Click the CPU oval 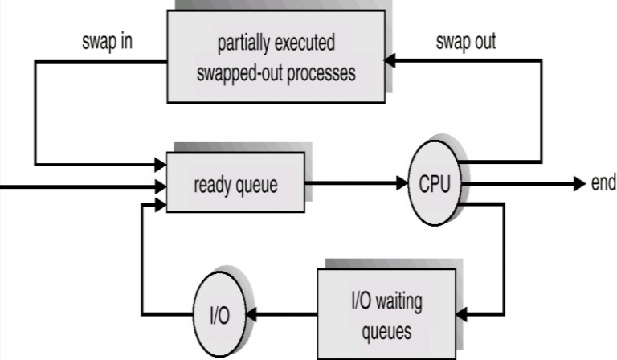435,183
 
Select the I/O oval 219,314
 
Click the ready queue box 235,184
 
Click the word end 603,183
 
